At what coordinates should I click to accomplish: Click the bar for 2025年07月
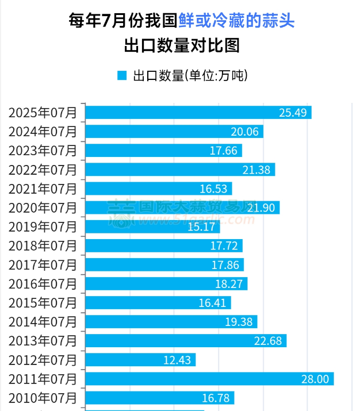pyautogui.click(x=198, y=112)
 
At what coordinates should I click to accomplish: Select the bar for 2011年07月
pyautogui.click(x=209, y=379)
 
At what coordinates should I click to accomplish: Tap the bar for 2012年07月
pyautogui.click(x=140, y=360)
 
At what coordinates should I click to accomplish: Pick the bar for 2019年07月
pyautogui.click(x=144, y=226)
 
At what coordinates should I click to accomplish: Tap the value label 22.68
pyautogui.click(x=268, y=341)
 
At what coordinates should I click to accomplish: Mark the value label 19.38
pyautogui.click(x=239, y=322)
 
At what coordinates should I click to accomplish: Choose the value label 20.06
pyautogui.click(x=245, y=132)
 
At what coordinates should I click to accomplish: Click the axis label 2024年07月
pyautogui.click(x=43, y=132)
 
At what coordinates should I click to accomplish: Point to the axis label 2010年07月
pyautogui.click(x=43, y=398)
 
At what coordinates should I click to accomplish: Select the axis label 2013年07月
pyautogui.click(x=43, y=341)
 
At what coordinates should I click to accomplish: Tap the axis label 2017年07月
pyautogui.click(x=43, y=265)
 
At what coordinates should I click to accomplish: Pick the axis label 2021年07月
pyautogui.click(x=43, y=189)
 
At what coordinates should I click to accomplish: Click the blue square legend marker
pyautogui.click(x=121, y=75)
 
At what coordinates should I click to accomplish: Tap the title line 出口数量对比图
pyautogui.click(x=180, y=46)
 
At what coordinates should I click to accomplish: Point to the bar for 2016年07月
pyautogui.click(x=166, y=283)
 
